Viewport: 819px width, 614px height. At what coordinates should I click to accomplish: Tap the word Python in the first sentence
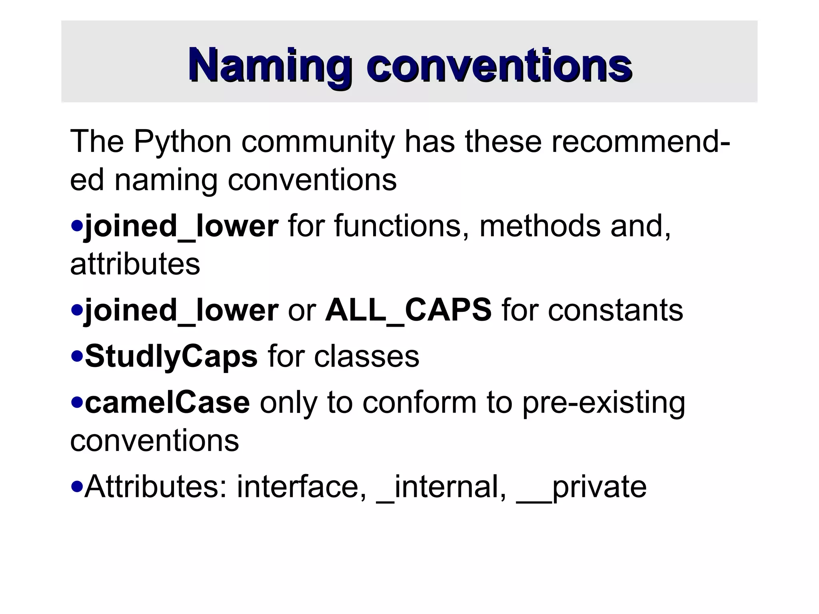coord(182,142)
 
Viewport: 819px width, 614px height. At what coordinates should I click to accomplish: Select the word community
coord(318,142)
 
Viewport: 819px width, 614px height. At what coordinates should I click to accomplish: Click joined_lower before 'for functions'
coord(181,226)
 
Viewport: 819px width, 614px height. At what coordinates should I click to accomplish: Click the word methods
coord(540,226)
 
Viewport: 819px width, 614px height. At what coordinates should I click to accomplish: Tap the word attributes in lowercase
coord(135,265)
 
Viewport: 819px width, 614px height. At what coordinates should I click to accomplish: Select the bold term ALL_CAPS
coord(408,311)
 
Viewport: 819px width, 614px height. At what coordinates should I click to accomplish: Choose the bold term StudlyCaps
coord(171,357)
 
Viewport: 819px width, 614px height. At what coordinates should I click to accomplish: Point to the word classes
coord(366,357)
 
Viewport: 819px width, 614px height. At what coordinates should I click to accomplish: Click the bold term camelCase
coord(167,403)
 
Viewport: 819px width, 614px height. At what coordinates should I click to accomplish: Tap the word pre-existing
coord(604,403)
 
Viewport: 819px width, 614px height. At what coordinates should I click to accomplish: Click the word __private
coord(581,487)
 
